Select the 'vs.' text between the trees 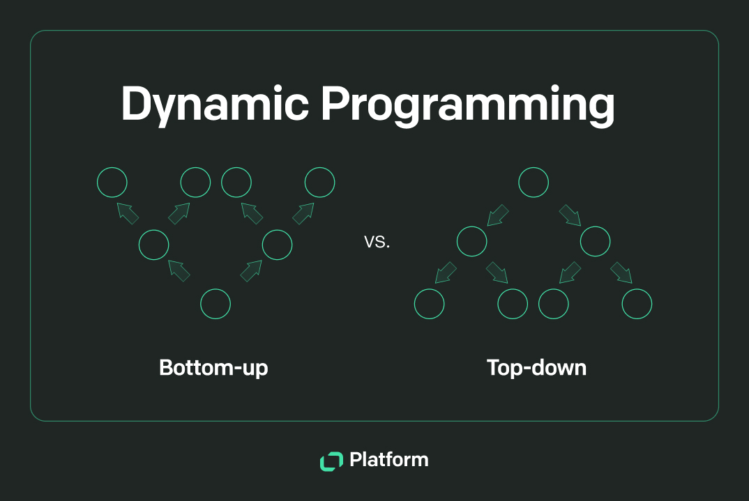[x=377, y=243]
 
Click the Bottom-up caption [x=213, y=367]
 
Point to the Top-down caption [x=536, y=367]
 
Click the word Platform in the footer [x=388, y=460]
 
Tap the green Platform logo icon [x=331, y=461]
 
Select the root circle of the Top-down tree [x=534, y=183]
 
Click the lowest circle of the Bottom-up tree [x=215, y=304]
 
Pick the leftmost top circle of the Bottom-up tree [x=112, y=183]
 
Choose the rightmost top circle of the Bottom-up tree [x=319, y=183]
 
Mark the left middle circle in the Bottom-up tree [x=153, y=245]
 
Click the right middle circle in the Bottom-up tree [x=277, y=245]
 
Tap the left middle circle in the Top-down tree [x=471, y=242]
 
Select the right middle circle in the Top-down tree [x=596, y=242]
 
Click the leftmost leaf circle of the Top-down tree [x=430, y=304]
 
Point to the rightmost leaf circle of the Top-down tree [x=637, y=304]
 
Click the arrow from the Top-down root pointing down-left [x=498, y=215]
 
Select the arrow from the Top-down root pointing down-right [x=570, y=215]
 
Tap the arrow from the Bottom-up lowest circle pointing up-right [x=250, y=271]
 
